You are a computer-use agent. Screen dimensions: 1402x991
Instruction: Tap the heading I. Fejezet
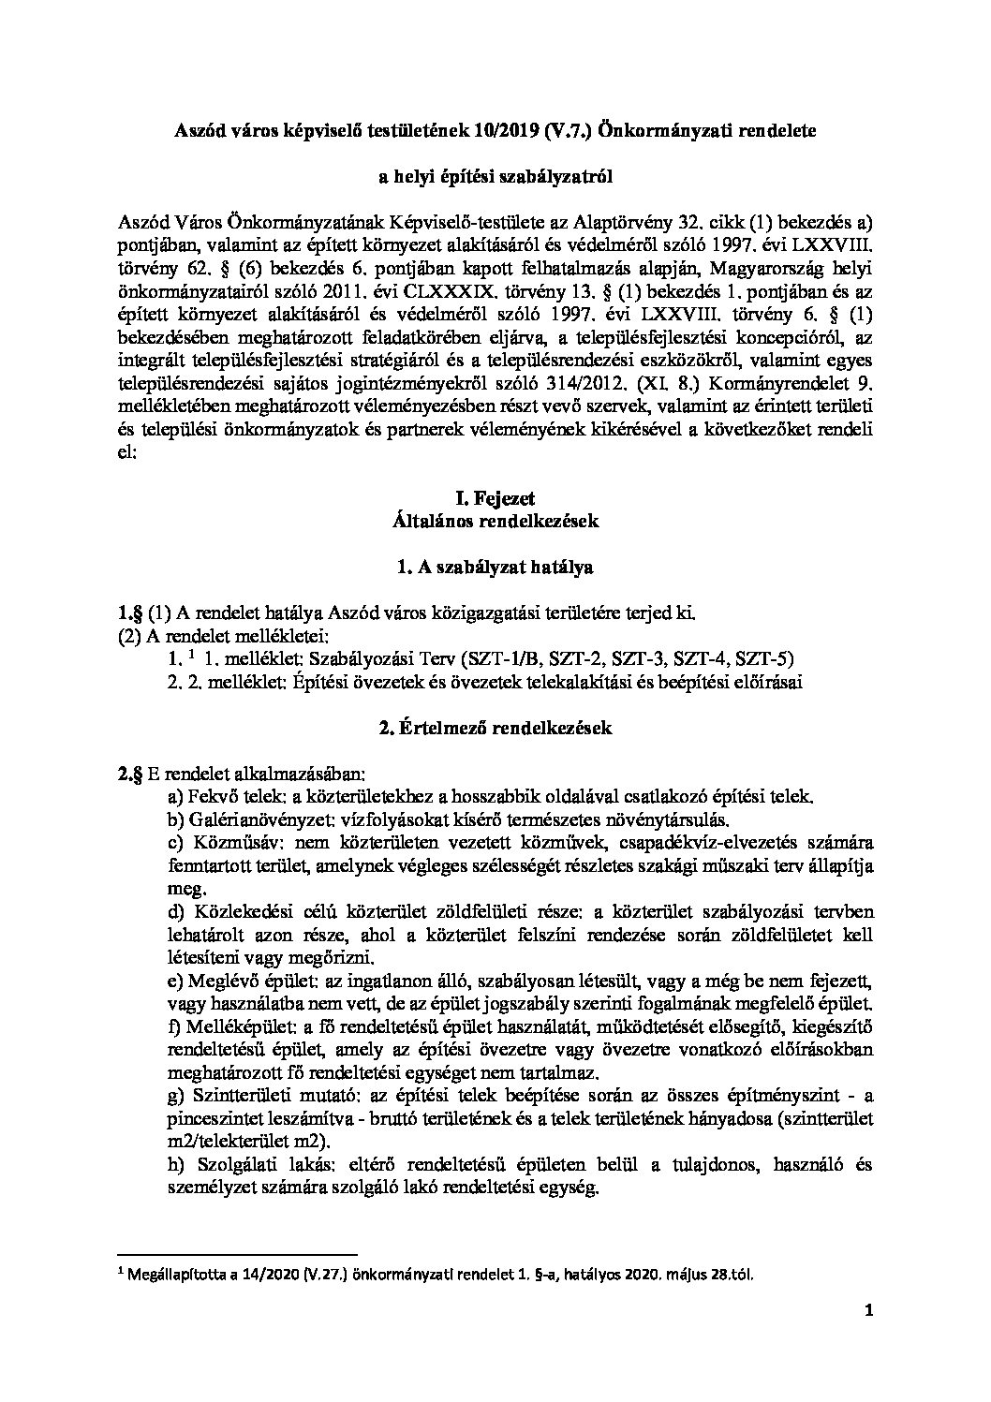pyautogui.click(x=495, y=499)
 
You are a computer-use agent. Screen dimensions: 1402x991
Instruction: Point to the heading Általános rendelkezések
pyautogui.click(x=495, y=521)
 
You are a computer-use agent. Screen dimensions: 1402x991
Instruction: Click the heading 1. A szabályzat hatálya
pyautogui.click(x=495, y=567)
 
